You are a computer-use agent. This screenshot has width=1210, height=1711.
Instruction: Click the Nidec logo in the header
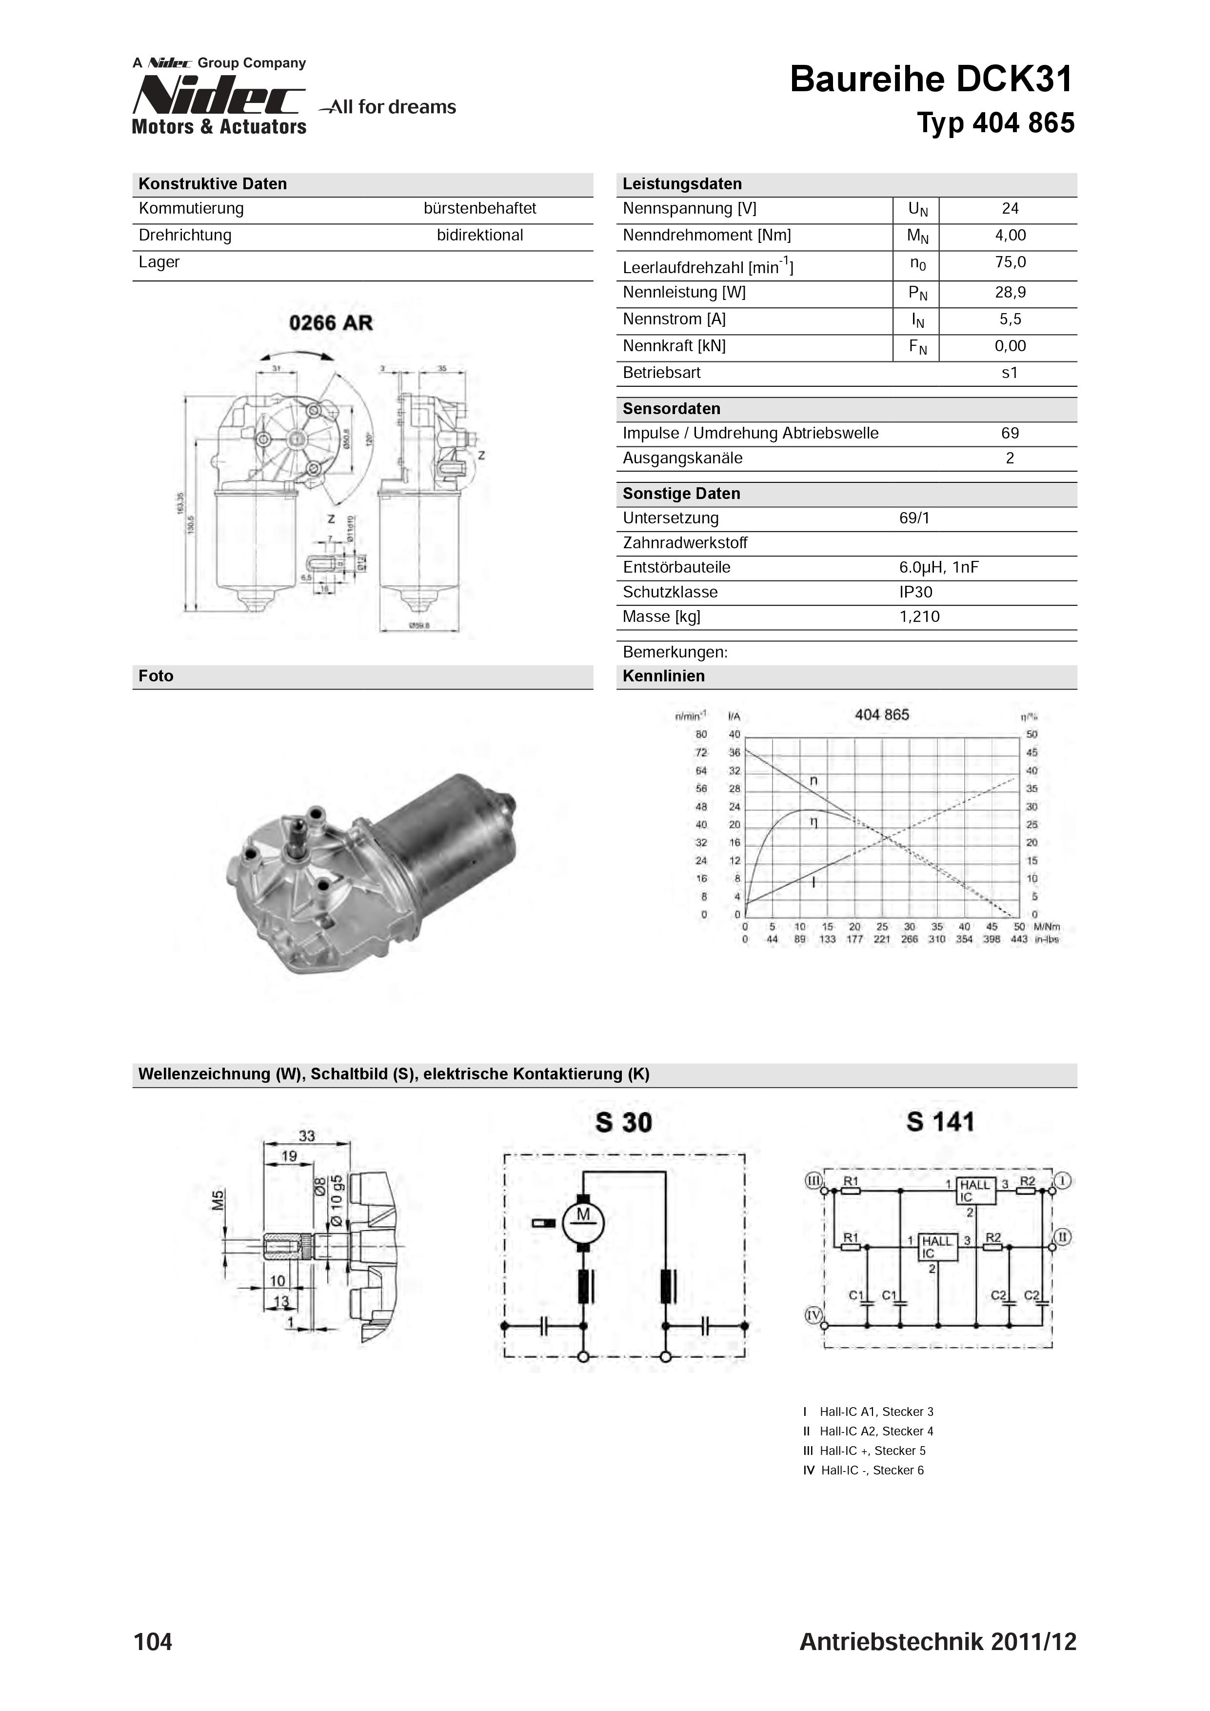click(218, 98)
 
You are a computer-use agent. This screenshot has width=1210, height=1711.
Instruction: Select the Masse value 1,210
click(919, 617)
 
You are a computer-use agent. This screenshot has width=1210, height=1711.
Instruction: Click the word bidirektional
click(480, 236)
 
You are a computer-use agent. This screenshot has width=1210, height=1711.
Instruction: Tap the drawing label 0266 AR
click(331, 323)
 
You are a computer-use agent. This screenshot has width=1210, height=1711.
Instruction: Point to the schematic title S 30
click(624, 1122)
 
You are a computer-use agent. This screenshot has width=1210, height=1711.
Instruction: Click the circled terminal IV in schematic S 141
click(813, 1315)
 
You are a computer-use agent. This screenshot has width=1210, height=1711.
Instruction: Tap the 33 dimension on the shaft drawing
click(306, 1135)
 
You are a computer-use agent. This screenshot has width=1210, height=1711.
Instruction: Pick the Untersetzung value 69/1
click(914, 518)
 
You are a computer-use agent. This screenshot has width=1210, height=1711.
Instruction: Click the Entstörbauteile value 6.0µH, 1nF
click(938, 567)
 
